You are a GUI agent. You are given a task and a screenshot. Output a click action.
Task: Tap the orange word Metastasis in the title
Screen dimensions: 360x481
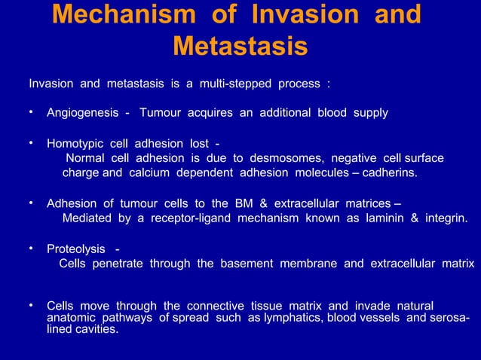240,47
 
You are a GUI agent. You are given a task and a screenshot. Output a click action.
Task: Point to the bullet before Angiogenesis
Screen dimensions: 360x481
31,113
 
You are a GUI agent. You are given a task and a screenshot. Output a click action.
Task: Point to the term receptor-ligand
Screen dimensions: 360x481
195,218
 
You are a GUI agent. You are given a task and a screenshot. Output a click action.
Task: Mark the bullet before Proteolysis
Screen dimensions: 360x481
31,249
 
